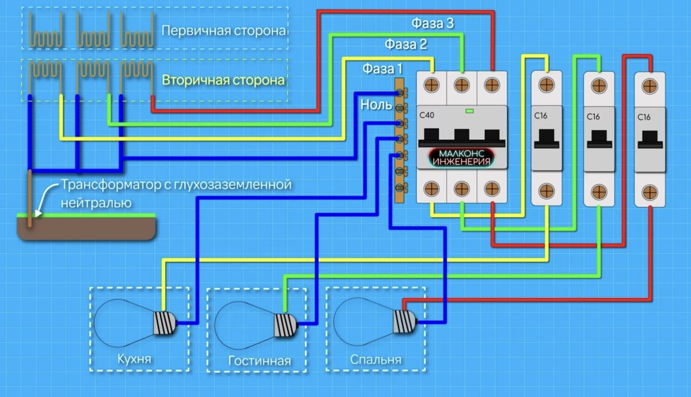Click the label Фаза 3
coord(433,24)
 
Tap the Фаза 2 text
coord(407,44)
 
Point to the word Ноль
coord(374,105)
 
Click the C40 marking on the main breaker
coord(427,116)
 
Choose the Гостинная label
coord(259,361)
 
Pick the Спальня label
coord(375,360)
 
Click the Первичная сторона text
coord(224,30)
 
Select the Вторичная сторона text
coord(223,80)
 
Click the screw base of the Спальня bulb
coord(404,320)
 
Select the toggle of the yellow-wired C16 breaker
coord(545,139)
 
